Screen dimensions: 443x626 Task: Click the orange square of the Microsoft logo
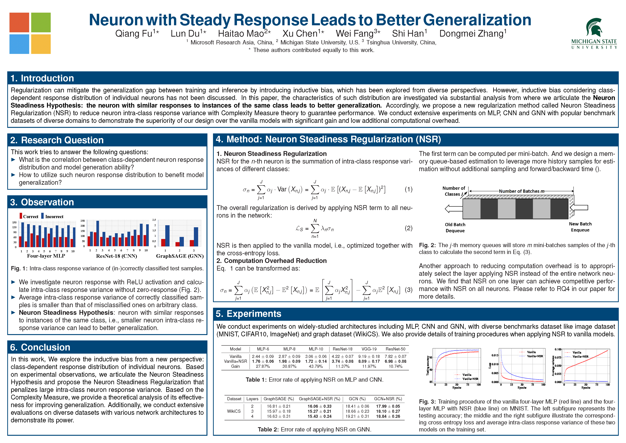19,22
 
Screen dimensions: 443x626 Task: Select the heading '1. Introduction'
42,78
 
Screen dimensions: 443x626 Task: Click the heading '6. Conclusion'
40,347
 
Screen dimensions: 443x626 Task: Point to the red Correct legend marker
21,216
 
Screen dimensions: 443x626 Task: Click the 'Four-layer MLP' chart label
46,256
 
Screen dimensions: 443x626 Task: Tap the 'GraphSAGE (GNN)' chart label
180,256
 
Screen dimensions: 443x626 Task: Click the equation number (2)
408,228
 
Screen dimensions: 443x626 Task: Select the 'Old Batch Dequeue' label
455,227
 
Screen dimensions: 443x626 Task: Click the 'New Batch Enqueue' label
580,227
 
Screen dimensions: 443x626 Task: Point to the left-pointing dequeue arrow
453,209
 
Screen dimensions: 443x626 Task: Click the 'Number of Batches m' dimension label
521,191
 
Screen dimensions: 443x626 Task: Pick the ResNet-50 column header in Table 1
395,349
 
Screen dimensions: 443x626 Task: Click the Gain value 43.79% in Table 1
316,366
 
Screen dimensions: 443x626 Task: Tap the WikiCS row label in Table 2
234,411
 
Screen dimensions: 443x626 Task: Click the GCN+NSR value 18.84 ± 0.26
388,416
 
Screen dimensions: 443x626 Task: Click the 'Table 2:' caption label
268,429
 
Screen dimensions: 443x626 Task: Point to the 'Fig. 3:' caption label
427,402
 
